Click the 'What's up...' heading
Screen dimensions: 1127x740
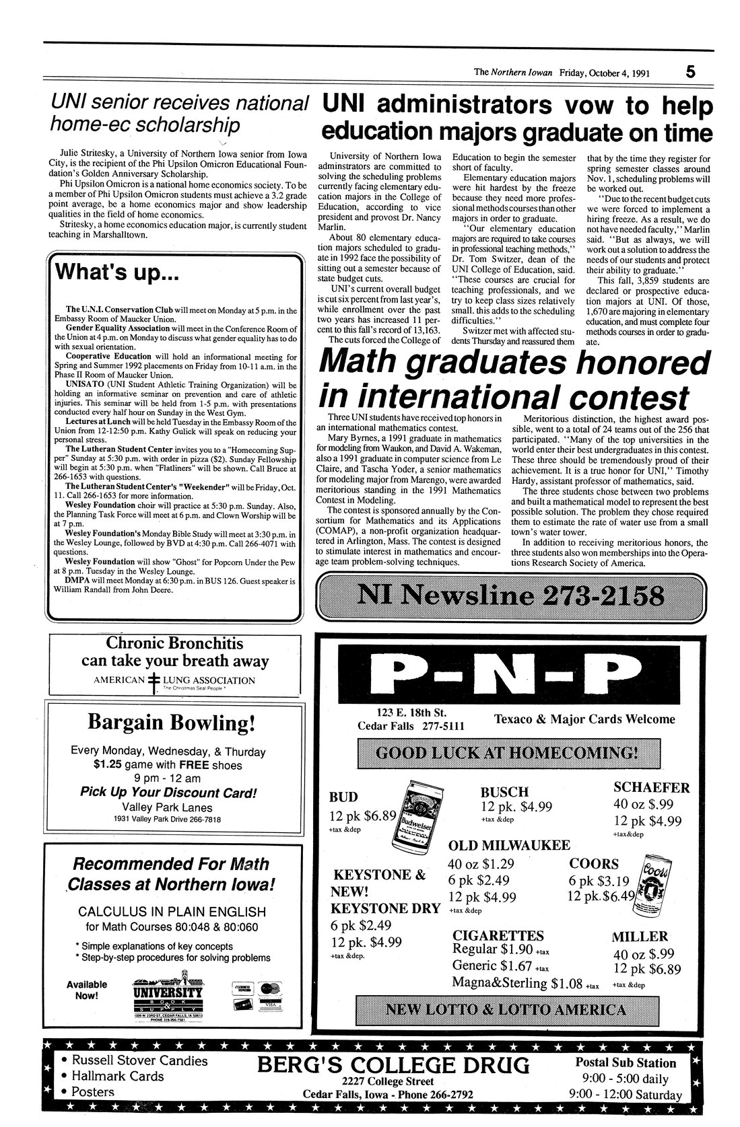click(x=116, y=272)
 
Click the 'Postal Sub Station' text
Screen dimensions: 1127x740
click(x=626, y=1063)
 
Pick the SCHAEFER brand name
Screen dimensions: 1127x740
click(x=651, y=787)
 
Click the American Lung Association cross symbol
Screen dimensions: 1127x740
click(x=154, y=680)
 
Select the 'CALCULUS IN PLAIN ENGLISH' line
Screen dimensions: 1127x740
click(x=172, y=912)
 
